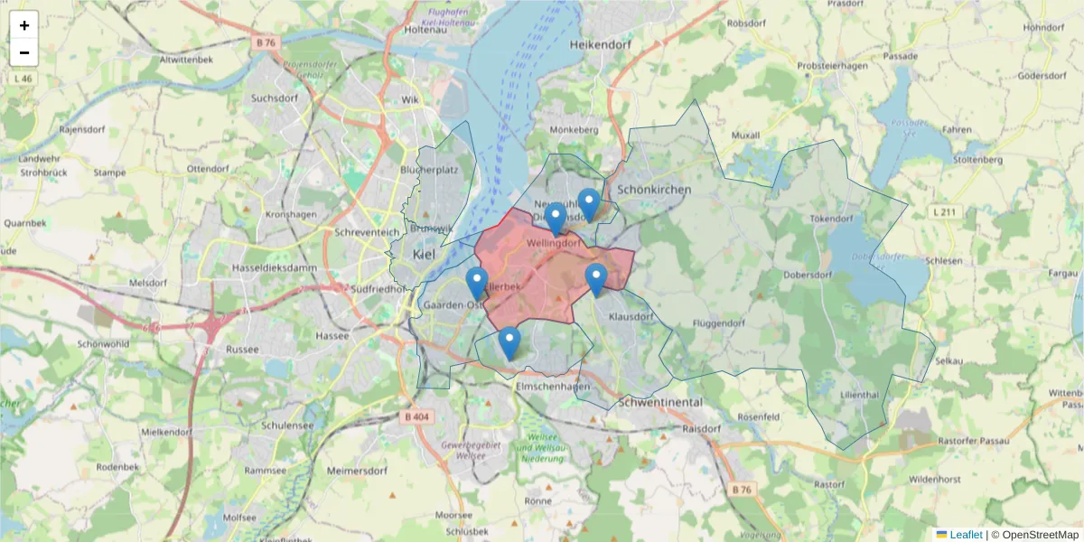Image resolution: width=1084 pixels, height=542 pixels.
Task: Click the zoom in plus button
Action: tap(24, 25)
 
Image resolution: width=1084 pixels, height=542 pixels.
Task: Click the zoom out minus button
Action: tap(24, 52)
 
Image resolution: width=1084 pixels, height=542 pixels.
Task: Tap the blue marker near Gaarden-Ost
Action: tap(477, 283)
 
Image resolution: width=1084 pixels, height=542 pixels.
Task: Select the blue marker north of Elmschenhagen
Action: tap(509, 342)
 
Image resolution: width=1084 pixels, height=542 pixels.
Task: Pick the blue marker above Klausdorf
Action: tap(595, 279)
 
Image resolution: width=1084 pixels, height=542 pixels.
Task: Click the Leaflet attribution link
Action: tap(966, 535)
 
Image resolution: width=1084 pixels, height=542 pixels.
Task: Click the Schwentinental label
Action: tap(660, 401)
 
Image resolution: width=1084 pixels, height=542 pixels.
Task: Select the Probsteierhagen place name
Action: tap(832, 67)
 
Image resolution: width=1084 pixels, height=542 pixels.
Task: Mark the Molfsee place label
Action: tap(239, 518)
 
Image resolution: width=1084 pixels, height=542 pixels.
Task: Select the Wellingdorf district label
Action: tap(553, 243)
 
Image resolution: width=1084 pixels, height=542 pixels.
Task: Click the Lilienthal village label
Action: tap(859, 396)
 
